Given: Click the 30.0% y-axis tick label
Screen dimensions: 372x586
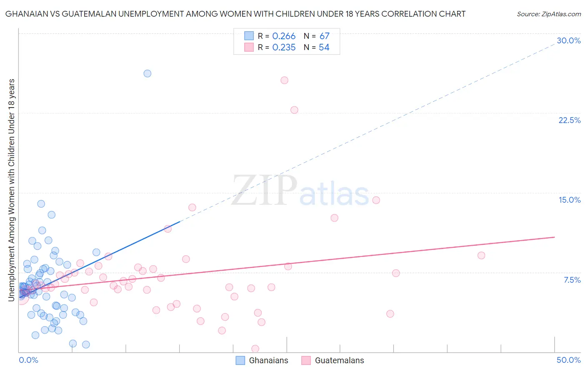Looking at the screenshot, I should click(x=568, y=40).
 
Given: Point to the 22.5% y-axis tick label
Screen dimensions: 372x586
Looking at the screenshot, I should click(x=569, y=120).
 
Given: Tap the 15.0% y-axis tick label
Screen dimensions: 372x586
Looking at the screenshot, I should click(x=569, y=200).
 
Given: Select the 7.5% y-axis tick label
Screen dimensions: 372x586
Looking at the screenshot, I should click(x=572, y=280).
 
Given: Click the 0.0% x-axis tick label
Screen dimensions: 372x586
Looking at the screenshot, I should click(x=28, y=360).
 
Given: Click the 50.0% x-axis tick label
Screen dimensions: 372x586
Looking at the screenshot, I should click(x=568, y=360).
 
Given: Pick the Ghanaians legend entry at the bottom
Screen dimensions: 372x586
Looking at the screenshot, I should click(x=262, y=360).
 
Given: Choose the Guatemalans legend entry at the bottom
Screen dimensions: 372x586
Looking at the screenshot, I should click(x=333, y=360).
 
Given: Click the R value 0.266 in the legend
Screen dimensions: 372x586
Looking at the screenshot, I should click(x=284, y=36).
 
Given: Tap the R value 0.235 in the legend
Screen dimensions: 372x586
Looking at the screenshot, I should click(x=284, y=48).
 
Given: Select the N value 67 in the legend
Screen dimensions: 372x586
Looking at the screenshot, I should click(x=324, y=36).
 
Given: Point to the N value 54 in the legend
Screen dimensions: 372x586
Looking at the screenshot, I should click(x=324, y=48).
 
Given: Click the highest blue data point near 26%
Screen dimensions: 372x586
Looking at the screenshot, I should click(x=147, y=73).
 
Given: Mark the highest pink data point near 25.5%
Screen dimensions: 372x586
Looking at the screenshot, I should click(x=284, y=80).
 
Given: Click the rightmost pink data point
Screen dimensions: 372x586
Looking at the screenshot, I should click(x=481, y=255).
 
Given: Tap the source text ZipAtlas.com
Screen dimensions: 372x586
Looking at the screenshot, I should click(x=548, y=14).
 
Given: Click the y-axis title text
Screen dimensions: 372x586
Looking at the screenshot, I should click(x=11, y=190).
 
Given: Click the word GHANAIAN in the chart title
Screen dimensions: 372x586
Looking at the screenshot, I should click(x=25, y=14).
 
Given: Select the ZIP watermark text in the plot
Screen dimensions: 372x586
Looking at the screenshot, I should click(x=264, y=191).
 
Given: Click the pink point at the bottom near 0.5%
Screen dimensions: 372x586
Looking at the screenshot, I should click(x=255, y=348).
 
